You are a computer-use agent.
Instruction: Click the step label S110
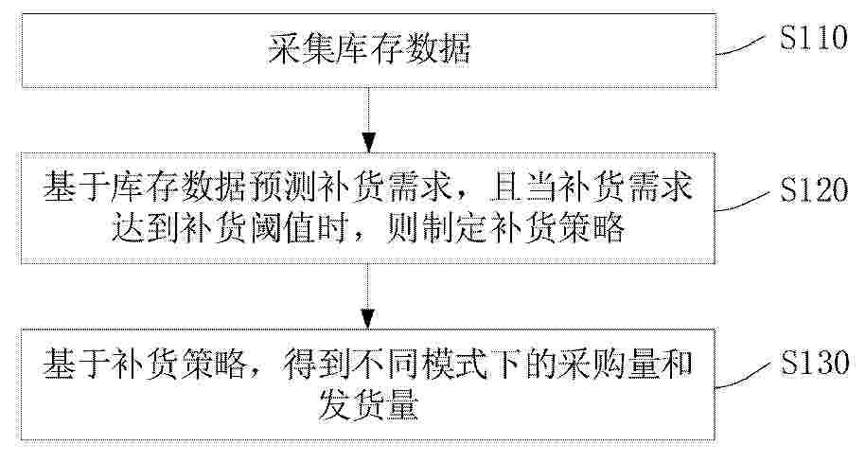click(x=814, y=38)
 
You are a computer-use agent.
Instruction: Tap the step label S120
click(x=814, y=189)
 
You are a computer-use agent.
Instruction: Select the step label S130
click(x=814, y=363)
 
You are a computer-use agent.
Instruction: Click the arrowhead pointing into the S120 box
click(x=368, y=143)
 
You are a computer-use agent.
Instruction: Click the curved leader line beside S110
click(x=741, y=45)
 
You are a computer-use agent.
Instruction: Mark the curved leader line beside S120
click(x=741, y=201)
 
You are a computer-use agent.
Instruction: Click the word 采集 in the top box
click(x=302, y=48)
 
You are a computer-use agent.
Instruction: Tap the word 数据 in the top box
click(x=437, y=48)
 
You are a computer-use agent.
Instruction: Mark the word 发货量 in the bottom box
click(x=368, y=404)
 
